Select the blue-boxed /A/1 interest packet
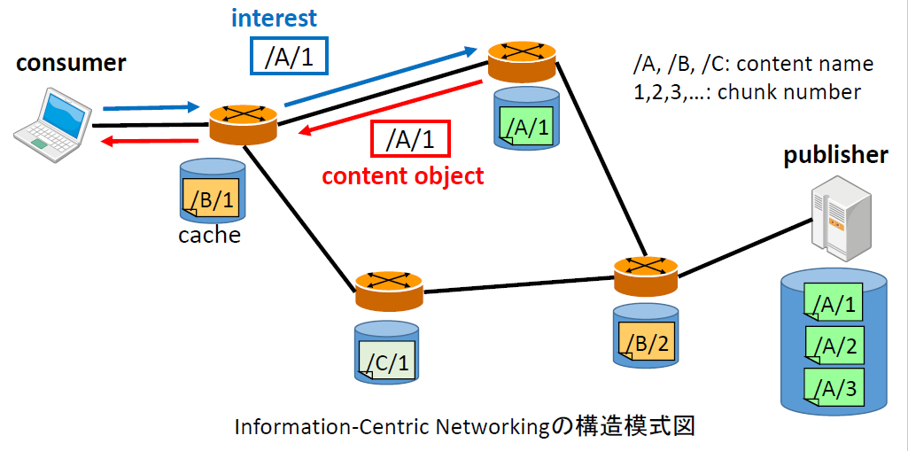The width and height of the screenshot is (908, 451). pos(290,56)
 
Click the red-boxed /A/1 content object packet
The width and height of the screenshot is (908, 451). pos(410,138)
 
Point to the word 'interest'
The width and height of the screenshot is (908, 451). pos(273,17)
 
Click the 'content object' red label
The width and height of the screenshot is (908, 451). pos(403,175)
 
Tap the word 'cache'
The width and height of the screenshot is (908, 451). pos(209,235)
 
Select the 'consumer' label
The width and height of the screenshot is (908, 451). pos(71,63)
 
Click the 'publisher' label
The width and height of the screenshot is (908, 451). pos(835,156)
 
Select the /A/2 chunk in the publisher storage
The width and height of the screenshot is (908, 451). pos(834,346)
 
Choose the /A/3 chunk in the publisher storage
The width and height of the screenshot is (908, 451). pos(834,386)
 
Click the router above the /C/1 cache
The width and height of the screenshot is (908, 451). pos(389,284)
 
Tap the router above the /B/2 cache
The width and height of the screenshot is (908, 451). pos(645,271)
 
